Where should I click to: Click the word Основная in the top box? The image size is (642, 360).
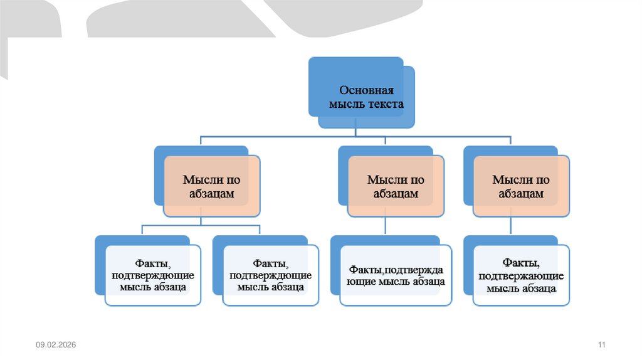366,90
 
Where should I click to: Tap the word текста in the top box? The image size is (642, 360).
384,104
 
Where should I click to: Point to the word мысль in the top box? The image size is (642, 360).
345,104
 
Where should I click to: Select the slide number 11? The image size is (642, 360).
603,346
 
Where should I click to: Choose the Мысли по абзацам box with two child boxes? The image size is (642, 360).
211,186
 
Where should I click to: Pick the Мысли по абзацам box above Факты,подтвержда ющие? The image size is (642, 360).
396,186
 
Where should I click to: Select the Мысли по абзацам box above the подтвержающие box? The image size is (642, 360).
521,186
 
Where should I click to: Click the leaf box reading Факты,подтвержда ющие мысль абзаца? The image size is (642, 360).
396,275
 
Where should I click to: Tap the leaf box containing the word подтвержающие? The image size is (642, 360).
521,275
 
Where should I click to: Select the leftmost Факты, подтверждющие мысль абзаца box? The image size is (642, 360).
153,275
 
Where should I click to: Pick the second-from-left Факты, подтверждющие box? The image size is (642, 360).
271,275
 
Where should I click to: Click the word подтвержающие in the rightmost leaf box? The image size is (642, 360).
521,276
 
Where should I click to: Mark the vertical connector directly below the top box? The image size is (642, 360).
355,131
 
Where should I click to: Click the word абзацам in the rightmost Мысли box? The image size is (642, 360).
521,194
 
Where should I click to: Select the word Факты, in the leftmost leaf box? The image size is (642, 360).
153,263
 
